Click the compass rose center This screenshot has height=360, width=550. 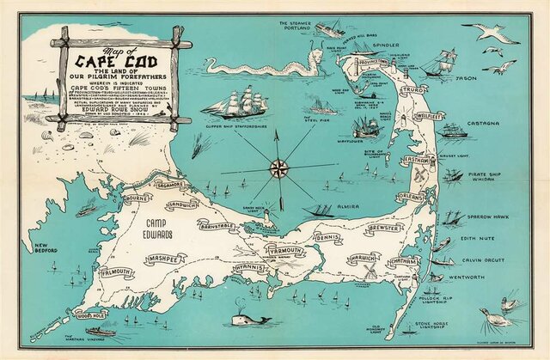coord(279,168)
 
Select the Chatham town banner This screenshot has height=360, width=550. coord(404,261)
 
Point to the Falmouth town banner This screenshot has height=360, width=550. coord(116,272)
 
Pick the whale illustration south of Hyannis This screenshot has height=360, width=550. coord(250,320)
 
